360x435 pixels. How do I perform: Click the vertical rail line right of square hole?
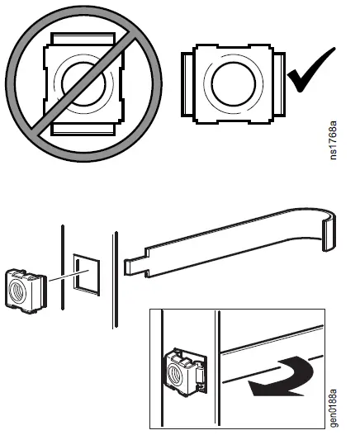(x=114, y=281)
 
